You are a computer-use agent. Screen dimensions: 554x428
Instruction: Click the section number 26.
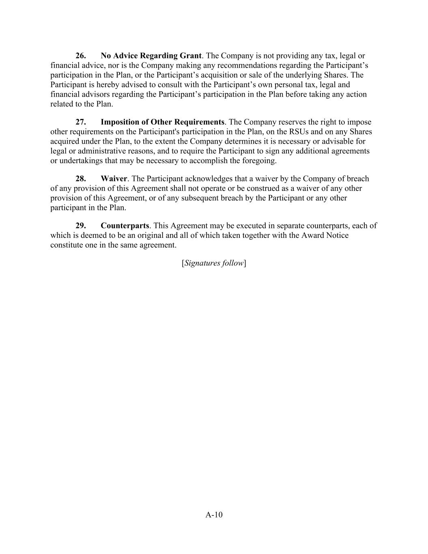[80, 56]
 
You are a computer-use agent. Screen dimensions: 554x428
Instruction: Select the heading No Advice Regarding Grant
[151, 56]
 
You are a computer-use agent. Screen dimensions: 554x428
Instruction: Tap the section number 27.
[80, 122]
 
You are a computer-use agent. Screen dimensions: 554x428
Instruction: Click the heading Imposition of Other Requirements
[162, 122]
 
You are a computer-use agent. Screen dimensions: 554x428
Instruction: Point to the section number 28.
[80, 179]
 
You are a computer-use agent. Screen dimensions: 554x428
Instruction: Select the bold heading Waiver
[114, 179]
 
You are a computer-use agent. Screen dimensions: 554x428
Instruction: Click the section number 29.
[80, 226]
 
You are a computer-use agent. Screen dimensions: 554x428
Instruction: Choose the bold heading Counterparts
[125, 226]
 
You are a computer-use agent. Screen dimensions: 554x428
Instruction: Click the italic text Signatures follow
[214, 263]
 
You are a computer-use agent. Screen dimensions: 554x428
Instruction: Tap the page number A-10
[214, 515]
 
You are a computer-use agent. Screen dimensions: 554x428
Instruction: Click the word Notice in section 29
[337, 235]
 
